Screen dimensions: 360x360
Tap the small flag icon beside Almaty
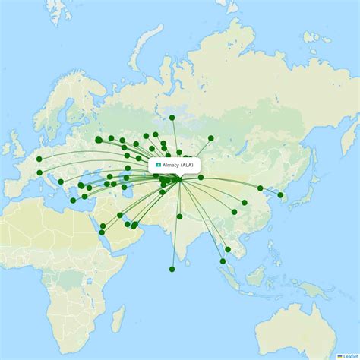(x=159, y=165)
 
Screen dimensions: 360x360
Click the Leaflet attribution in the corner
(x=349, y=355)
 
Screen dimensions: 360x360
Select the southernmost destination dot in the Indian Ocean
(x=172, y=269)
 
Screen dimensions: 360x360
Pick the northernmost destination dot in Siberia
(x=172, y=118)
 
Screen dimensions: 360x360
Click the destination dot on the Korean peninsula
(x=280, y=195)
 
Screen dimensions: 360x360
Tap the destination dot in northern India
(x=179, y=216)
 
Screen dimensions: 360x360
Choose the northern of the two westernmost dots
(x=39, y=159)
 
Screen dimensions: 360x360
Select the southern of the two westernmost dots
(x=39, y=172)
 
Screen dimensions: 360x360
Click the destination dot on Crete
(x=73, y=201)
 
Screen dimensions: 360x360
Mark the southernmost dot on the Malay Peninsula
(x=223, y=261)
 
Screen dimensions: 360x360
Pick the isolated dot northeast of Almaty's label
(x=211, y=138)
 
